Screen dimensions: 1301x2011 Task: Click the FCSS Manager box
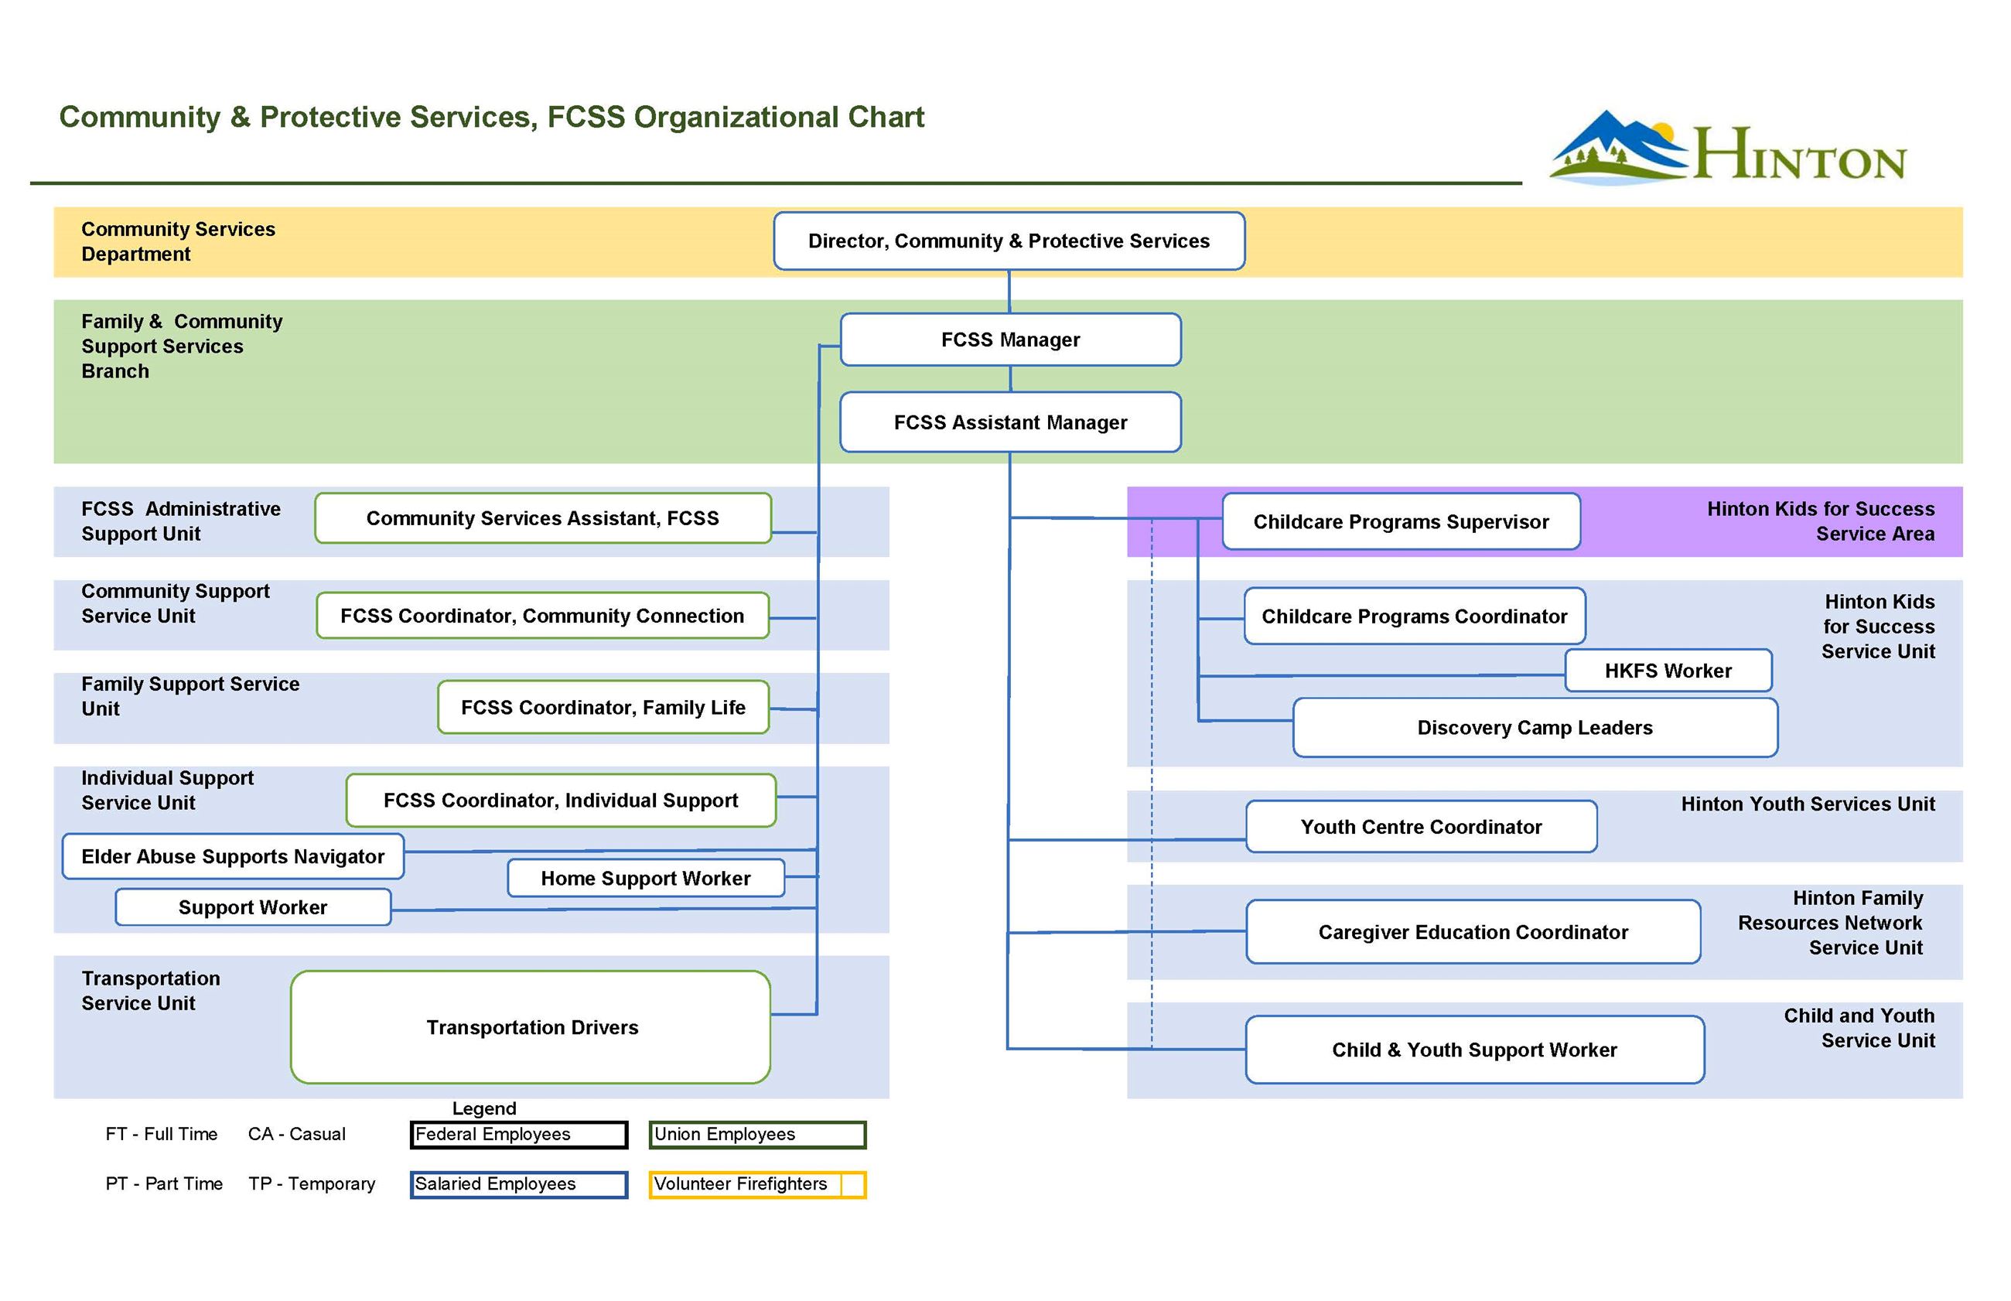pyautogui.click(x=1009, y=340)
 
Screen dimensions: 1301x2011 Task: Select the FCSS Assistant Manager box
pyautogui.click(x=1009, y=422)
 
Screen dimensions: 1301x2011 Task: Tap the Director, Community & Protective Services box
pyautogui.click(x=1008, y=241)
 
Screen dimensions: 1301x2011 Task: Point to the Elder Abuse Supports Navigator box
pyautogui.click(x=232, y=855)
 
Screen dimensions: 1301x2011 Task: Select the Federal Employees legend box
pyautogui.click(x=517, y=1134)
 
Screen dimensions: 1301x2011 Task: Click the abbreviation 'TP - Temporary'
pyautogui.click(x=311, y=1183)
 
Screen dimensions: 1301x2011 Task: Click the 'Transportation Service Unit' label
pyautogui.click(x=150, y=990)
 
